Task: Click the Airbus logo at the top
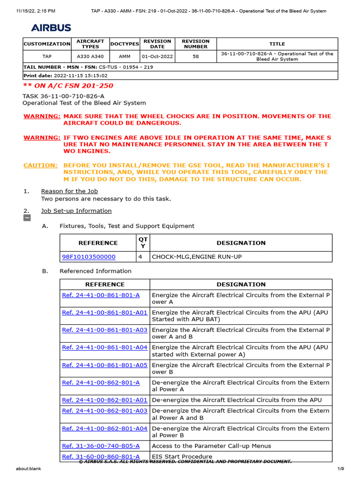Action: (51, 28)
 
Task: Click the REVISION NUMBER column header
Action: (195, 44)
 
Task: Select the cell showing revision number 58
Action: (195, 57)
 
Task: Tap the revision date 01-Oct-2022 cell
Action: (157, 57)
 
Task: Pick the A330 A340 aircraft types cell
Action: (90, 57)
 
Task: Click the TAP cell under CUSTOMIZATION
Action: (47, 57)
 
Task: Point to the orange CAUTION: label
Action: (41, 165)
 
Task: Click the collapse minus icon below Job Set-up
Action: (27, 218)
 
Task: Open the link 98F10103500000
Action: (89, 257)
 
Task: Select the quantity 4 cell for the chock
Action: (141, 257)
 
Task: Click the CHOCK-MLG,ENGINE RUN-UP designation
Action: (197, 257)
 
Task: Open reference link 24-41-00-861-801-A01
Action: (105, 313)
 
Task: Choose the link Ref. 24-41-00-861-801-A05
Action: (105, 365)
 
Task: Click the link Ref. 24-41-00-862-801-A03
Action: (105, 411)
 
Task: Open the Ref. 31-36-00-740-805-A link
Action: (101, 446)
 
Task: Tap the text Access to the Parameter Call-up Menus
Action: (211, 446)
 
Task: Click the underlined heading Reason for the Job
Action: (69, 191)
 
